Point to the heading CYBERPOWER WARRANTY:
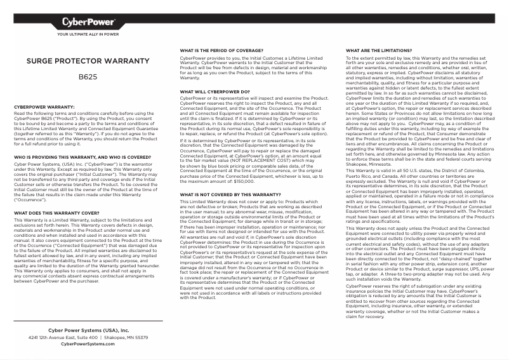click(44, 107)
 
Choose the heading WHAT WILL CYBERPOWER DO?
click(215, 91)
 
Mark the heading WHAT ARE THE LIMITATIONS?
click(378, 50)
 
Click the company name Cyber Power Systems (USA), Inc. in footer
click(88, 331)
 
